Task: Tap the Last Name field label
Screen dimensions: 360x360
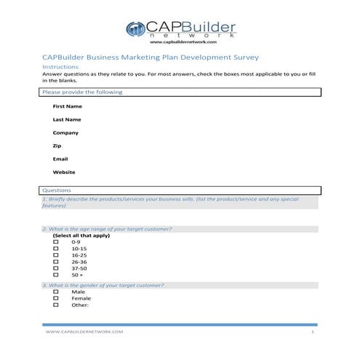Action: (x=66, y=119)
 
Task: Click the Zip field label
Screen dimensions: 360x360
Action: (x=57, y=145)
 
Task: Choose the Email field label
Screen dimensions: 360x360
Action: (x=60, y=159)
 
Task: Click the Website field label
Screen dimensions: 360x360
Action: (x=64, y=172)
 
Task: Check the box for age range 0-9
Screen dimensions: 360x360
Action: (x=56, y=242)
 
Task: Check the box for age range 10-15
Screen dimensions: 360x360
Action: (x=56, y=249)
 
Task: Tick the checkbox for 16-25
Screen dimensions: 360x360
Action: (x=56, y=255)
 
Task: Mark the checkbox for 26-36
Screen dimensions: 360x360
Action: (x=56, y=262)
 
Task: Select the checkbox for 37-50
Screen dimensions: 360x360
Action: (x=56, y=268)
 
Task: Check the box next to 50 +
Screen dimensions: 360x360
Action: (x=56, y=275)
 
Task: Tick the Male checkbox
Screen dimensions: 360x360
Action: (x=56, y=292)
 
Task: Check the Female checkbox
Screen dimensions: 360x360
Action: (x=56, y=298)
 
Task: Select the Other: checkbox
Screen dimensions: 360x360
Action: (x=56, y=305)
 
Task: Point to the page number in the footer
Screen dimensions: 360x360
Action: (x=311, y=332)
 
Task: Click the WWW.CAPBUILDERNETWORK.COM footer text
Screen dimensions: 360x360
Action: (x=84, y=332)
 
